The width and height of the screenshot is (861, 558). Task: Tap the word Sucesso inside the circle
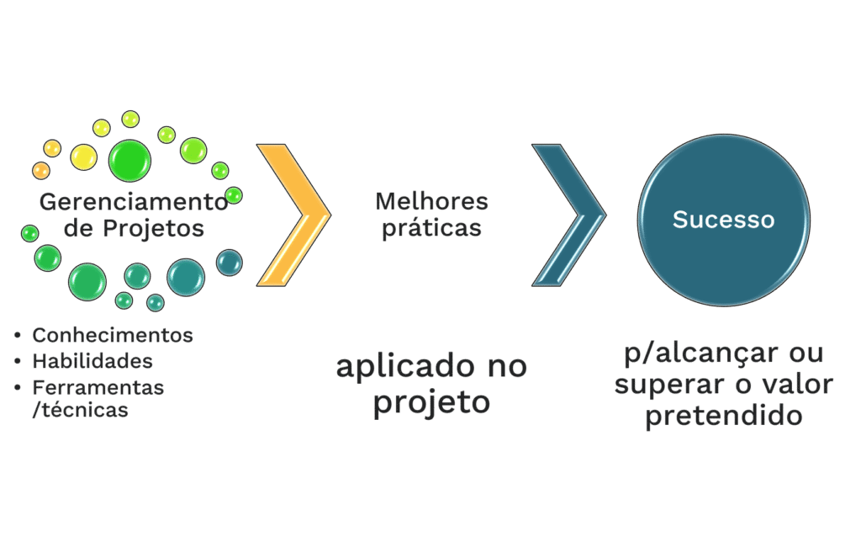tap(723, 220)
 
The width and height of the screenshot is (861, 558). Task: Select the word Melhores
tap(431, 201)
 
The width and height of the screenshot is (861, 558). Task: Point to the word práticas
tap(431, 228)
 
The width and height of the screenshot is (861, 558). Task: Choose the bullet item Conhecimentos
tap(113, 335)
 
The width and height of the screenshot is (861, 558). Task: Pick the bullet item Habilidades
tap(92, 361)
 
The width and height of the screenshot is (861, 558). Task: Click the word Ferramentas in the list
tap(98, 387)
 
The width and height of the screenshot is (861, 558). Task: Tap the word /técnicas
tap(80, 411)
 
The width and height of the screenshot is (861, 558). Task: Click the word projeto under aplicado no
tap(431, 401)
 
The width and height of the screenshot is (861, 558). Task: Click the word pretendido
tap(722, 416)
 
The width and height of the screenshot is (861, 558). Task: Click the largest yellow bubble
tap(84, 157)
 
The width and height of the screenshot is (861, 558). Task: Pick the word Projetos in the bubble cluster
tap(160, 229)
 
